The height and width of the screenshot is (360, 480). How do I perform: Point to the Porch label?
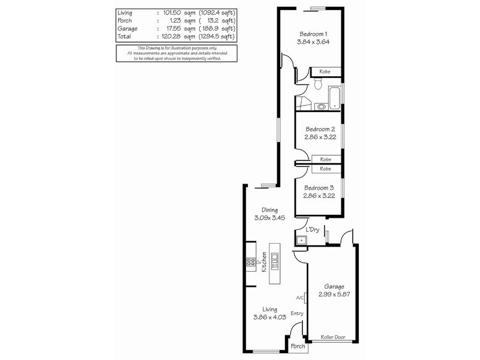pyautogui.click(x=298, y=347)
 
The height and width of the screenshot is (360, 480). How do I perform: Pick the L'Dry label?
pyautogui.click(x=312, y=230)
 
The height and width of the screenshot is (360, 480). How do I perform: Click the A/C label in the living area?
pyautogui.click(x=301, y=298)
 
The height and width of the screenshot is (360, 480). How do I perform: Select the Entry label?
pyautogui.click(x=296, y=313)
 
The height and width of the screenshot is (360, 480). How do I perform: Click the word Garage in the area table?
pyautogui.click(x=128, y=28)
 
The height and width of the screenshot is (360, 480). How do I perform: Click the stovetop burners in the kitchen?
pyautogui.click(x=250, y=262)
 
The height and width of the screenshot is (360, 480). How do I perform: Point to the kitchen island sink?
pyautogui.click(x=275, y=259)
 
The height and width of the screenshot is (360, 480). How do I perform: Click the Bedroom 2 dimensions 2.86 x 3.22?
pyautogui.click(x=319, y=137)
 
